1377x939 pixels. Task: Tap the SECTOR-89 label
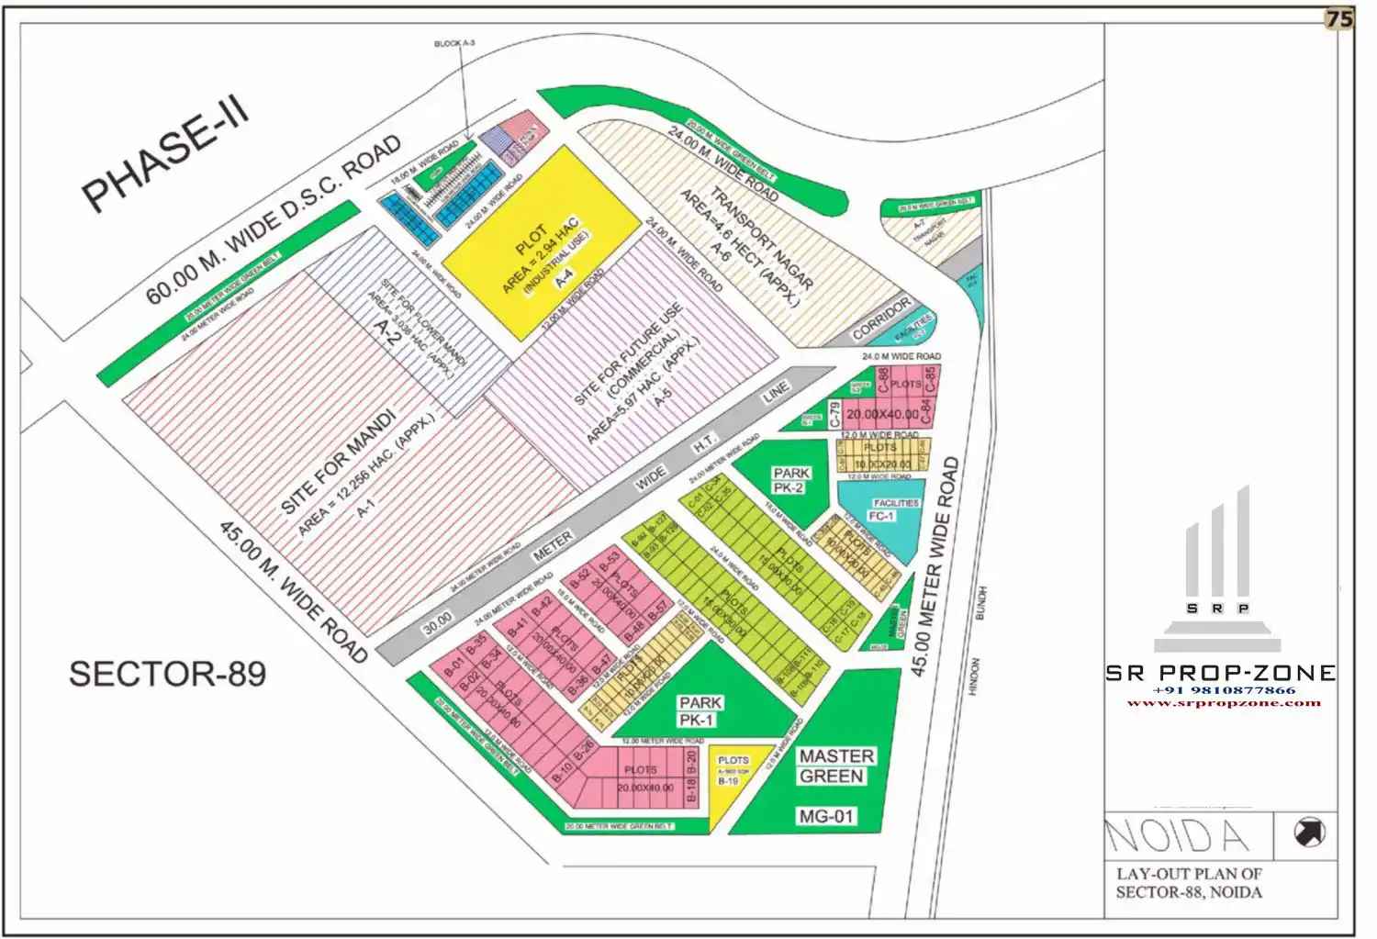tap(167, 674)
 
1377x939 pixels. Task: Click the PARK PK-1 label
tap(700, 711)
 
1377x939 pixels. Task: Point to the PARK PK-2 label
tap(790, 480)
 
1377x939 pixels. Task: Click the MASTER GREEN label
tap(836, 766)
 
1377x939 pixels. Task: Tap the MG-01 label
tap(826, 815)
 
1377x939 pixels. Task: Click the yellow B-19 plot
tap(730, 780)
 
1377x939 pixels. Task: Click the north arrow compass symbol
tap(1309, 833)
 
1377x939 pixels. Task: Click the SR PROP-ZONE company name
tap(1220, 673)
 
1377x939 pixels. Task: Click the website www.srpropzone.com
tap(1224, 703)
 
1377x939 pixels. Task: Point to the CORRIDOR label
tap(882, 318)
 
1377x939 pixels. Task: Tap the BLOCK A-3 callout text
tap(454, 44)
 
